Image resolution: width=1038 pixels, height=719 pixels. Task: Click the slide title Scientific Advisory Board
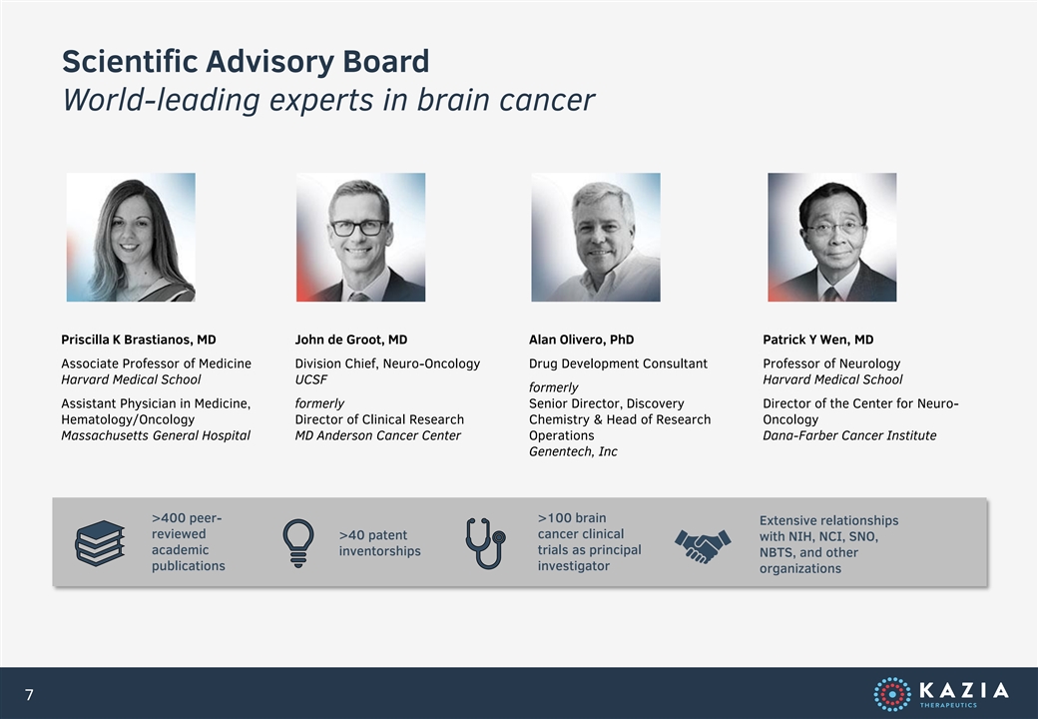tap(246, 62)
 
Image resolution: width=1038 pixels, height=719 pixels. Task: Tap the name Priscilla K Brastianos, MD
tap(139, 340)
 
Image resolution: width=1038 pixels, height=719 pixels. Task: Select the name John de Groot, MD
tap(351, 340)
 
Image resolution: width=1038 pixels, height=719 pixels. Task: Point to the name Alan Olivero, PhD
tap(581, 340)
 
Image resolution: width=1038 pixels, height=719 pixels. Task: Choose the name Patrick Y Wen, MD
tap(817, 340)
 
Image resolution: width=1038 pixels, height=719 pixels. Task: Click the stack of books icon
tap(100, 543)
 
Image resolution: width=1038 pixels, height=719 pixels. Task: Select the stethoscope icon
tap(485, 543)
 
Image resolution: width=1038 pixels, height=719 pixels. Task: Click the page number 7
tap(29, 694)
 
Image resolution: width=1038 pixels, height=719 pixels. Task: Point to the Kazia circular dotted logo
tap(891, 694)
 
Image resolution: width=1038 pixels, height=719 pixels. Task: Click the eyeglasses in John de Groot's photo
tap(357, 228)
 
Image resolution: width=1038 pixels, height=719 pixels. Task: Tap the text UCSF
tap(311, 379)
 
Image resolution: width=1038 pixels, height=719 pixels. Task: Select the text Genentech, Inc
tap(573, 451)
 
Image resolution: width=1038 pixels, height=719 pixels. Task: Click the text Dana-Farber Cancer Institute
tap(849, 435)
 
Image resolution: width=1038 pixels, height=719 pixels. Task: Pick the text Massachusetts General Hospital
tap(156, 435)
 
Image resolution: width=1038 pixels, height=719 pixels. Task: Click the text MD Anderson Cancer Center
tap(377, 435)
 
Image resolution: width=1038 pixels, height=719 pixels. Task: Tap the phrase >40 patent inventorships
tap(379, 543)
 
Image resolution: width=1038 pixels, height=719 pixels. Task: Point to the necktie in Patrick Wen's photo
tap(831, 294)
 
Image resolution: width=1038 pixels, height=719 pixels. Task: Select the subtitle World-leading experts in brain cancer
tap(328, 100)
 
